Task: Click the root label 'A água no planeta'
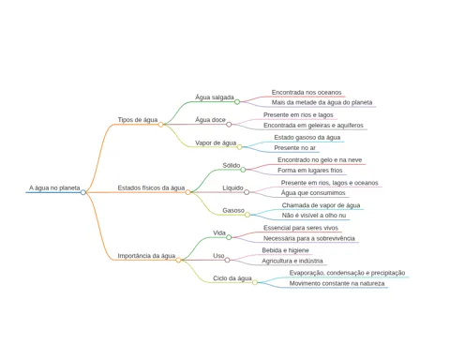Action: pyautogui.click(x=54, y=187)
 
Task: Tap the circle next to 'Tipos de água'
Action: pyautogui.click(x=160, y=125)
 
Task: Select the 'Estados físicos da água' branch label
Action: pyautogui.click(x=151, y=187)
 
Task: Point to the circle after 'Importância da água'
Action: pyautogui.click(x=178, y=260)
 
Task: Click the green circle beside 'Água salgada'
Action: pyautogui.click(x=237, y=102)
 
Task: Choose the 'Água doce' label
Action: pyautogui.click(x=210, y=120)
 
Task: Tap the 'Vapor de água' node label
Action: pyautogui.click(x=216, y=142)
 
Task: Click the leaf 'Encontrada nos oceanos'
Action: pyautogui.click(x=307, y=93)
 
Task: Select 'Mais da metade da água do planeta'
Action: pyautogui.click(x=322, y=102)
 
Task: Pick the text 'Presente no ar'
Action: pyautogui.click(x=295, y=148)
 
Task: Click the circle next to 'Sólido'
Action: pyautogui.click(x=243, y=170)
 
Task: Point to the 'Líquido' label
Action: pyautogui.click(x=232, y=187)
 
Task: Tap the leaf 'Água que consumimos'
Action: pyautogui.click(x=313, y=193)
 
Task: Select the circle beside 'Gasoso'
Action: pyautogui.click(x=247, y=215)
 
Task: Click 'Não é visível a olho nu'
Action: pyautogui.click(x=314, y=216)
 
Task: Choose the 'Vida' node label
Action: pyautogui.click(x=219, y=232)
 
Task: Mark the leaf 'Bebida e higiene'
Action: pyautogui.click(x=285, y=250)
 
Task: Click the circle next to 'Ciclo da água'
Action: pyautogui.click(x=255, y=282)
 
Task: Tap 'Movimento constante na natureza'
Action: pyautogui.click(x=337, y=283)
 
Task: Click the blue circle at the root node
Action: pyautogui.click(x=82, y=192)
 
